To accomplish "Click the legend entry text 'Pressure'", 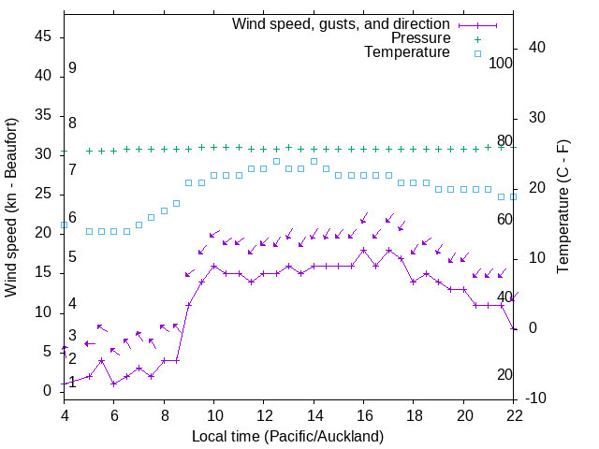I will pyautogui.click(x=420, y=38).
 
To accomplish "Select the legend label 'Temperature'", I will pyautogui.click(x=407, y=52).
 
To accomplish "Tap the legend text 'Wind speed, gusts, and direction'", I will pyautogui.click(x=341, y=23).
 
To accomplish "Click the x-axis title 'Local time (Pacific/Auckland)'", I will pyautogui.click(x=288, y=436).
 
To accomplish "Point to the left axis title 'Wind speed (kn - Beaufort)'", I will pyautogui.click(x=11, y=208).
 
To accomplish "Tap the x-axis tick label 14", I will pyautogui.click(x=314, y=414).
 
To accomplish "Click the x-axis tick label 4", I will pyautogui.click(x=64, y=414).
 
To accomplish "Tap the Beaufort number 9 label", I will pyautogui.click(x=72, y=68).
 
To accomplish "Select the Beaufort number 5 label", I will pyautogui.click(x=72, y=256).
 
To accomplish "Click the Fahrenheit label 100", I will pyautogui.click(x=501, y=63).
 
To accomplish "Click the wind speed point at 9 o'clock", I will pyautogui.click(x=189, y=304).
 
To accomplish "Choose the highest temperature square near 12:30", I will pyautogui.click(x=276, y=162).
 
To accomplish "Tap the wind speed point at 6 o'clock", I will pyautogui.click(x=113, y=384).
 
